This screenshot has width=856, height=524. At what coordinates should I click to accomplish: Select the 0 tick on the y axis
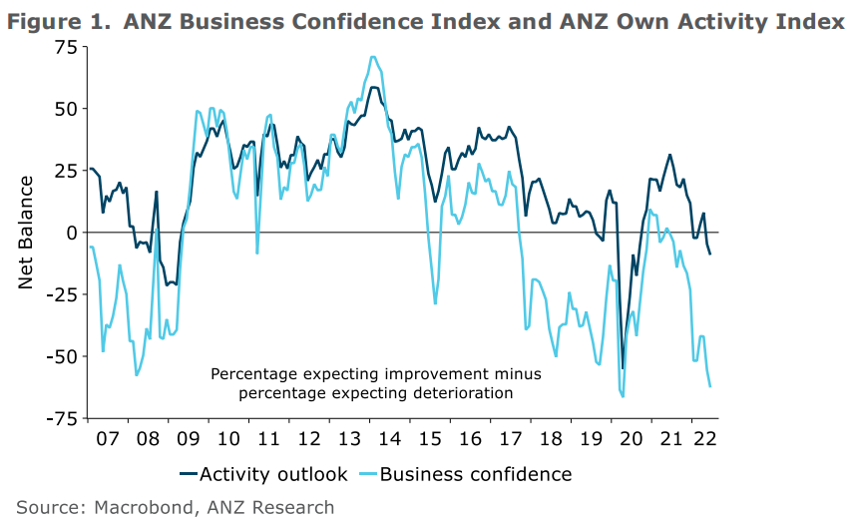71,232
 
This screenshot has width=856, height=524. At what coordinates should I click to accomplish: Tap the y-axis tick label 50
64,108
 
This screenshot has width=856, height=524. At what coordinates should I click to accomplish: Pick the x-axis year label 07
106,439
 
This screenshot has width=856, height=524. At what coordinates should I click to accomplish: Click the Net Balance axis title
27,232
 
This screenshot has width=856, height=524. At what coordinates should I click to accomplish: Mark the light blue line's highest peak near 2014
373,57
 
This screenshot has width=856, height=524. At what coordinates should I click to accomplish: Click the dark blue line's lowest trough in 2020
623,368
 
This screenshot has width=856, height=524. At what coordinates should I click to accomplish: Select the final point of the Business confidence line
710,387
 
